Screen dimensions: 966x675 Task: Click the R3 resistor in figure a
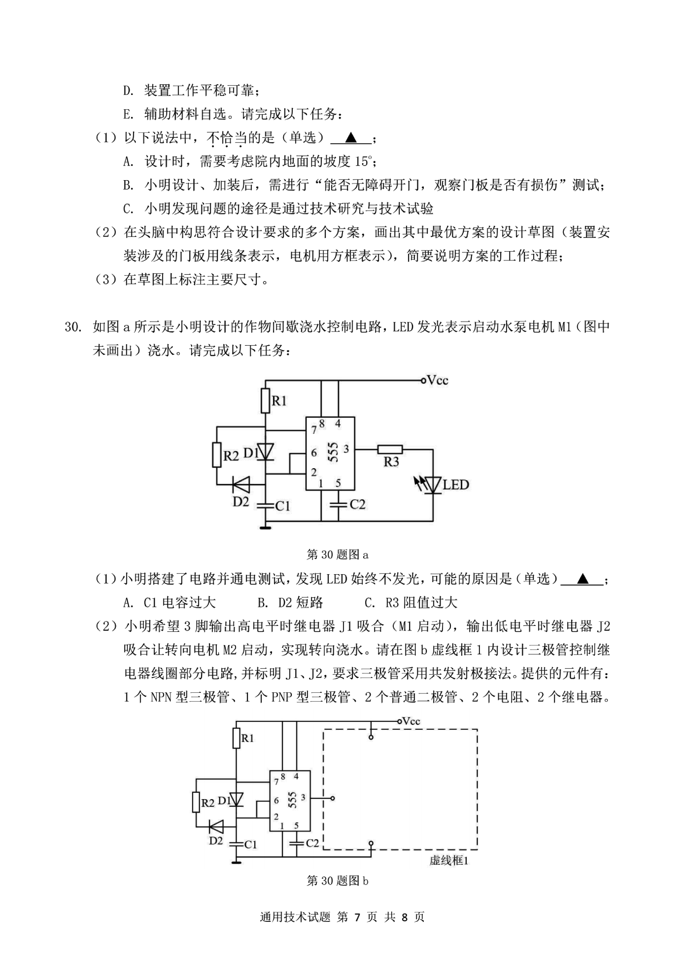[390, 449]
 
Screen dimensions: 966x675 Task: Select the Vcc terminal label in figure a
[437, 380]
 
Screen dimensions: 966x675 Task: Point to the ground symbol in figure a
[265, 527]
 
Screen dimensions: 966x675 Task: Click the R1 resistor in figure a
[265, 401]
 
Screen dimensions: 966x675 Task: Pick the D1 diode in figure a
[265, 452]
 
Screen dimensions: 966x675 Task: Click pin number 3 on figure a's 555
[346, 449]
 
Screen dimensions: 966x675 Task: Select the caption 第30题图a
[338, 555]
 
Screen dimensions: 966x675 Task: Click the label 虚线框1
[449, 860]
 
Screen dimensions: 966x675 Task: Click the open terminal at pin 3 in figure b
[332, 798]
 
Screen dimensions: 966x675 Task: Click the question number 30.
[73, 327]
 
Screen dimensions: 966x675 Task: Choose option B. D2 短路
[290, 603]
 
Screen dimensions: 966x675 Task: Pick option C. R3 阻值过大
[411, 603]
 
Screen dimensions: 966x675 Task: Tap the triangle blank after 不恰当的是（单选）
[351, 138]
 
